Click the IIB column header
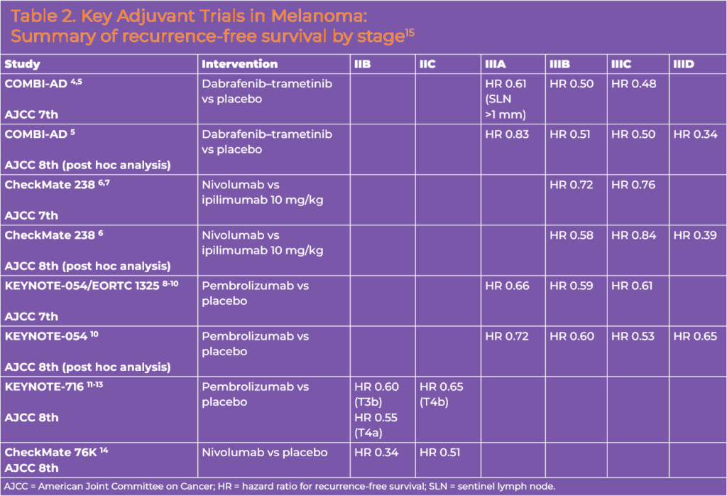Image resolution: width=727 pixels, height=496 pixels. [362, 64]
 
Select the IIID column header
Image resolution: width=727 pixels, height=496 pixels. [684, 64]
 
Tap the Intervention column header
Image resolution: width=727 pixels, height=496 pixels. [239, 64]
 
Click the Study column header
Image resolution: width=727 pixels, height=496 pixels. [22, 64]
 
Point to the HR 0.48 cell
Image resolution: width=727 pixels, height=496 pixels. [633, 84]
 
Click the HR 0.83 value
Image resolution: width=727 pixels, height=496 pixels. [507, 134]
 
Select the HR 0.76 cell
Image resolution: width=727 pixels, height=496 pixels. [633, 185]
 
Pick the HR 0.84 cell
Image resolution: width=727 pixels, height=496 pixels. [633, 235]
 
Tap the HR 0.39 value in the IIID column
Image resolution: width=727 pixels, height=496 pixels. [694, 235]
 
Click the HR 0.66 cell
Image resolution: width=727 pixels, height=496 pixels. [507, 286]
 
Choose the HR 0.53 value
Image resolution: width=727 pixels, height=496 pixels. [633, 336]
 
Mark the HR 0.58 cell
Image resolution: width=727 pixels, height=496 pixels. [572, 235]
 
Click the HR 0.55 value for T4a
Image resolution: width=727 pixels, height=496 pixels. [376, 418]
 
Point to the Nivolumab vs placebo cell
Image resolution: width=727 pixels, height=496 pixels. [264, 453]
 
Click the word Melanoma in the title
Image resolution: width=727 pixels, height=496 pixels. [319, 16]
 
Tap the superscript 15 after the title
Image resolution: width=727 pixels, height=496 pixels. [410, 33]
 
